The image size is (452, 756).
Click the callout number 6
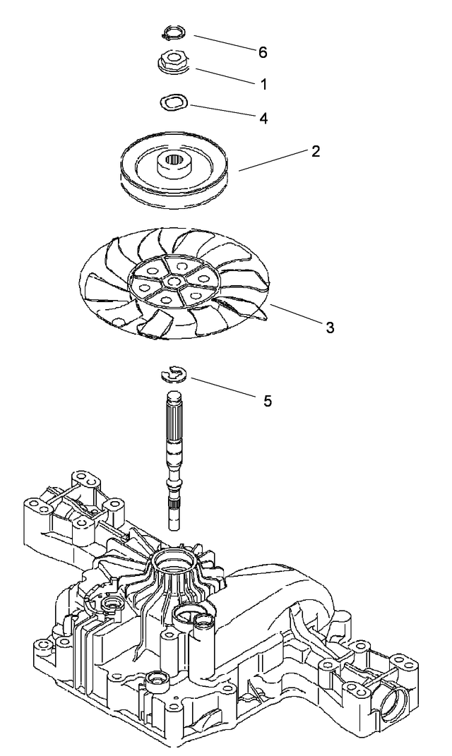pos(263,53)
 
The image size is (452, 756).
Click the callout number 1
pos(263,83)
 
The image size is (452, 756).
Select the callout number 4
pos(263,118)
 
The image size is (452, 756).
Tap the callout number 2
pos(315,151)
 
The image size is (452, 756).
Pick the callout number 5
pos(266,400)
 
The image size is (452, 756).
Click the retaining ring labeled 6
pos(173,31)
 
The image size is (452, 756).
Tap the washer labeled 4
pos(172,102)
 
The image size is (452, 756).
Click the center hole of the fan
pos(172,281)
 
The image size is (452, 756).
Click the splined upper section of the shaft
pos(173,420)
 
